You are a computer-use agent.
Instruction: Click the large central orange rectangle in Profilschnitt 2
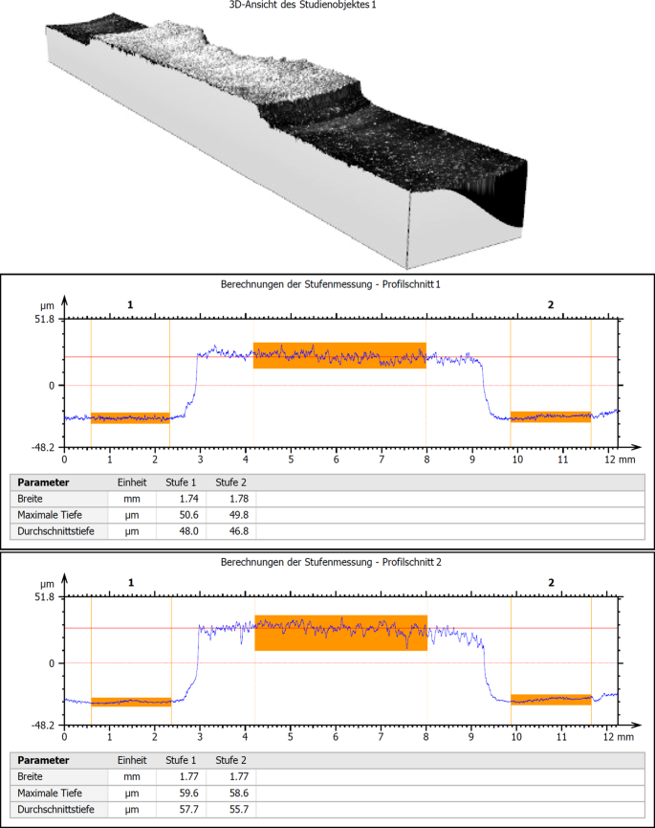[x=340, y=633]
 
